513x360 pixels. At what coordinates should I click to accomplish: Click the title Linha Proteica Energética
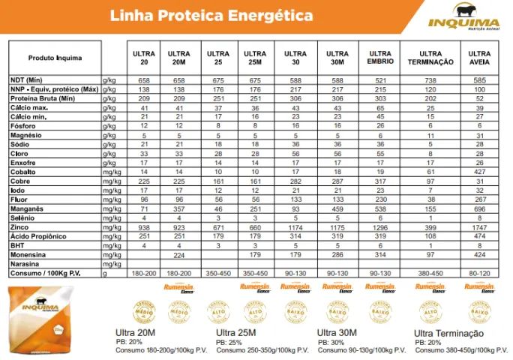[211, 15]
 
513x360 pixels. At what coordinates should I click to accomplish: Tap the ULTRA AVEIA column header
[479, 58]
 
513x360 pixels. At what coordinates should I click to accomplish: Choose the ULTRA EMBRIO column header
[380, 58]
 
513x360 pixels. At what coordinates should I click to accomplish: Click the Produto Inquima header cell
[55, 58]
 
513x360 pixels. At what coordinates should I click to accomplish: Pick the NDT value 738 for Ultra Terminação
[430, 79]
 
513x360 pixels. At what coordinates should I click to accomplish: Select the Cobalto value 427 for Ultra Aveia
[479, 171]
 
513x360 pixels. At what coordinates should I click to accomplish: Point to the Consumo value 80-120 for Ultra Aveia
[479, 274]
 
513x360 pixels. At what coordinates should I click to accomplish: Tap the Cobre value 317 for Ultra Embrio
[380, 181]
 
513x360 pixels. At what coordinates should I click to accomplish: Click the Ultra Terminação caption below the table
[448, 332]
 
